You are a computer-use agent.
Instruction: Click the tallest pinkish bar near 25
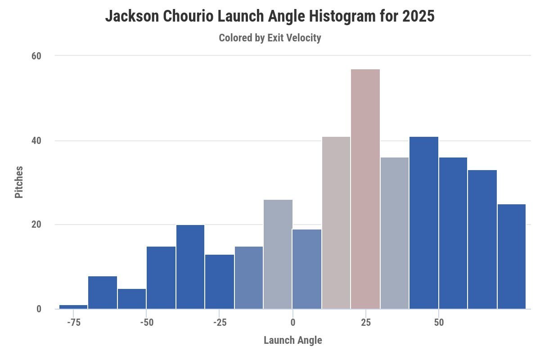coord(365,189)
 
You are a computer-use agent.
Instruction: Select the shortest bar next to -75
coord(73,307)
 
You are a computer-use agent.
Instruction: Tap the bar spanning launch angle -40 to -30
coord(190,267)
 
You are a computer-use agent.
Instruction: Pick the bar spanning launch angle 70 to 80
coord(512,256)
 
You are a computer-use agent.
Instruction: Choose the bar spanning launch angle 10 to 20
coord(336,223)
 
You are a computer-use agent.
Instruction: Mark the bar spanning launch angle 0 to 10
coord(307,269)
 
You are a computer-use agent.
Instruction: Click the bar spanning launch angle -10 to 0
coord(278,254)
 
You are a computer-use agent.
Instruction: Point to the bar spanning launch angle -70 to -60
coord(103,292)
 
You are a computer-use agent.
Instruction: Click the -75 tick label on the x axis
coord(73,323)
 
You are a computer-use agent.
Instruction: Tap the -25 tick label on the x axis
coord(219,323)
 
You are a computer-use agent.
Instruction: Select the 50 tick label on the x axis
coord(439,323)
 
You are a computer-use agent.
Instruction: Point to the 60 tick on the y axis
coord(36,56)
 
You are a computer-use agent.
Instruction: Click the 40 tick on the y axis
coord(36,141)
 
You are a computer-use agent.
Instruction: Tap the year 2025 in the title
coord(418,17)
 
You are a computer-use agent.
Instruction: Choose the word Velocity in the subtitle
coord(304,38)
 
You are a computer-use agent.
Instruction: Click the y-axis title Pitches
coord(19,182)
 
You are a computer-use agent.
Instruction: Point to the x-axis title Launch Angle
coord(292,340)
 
